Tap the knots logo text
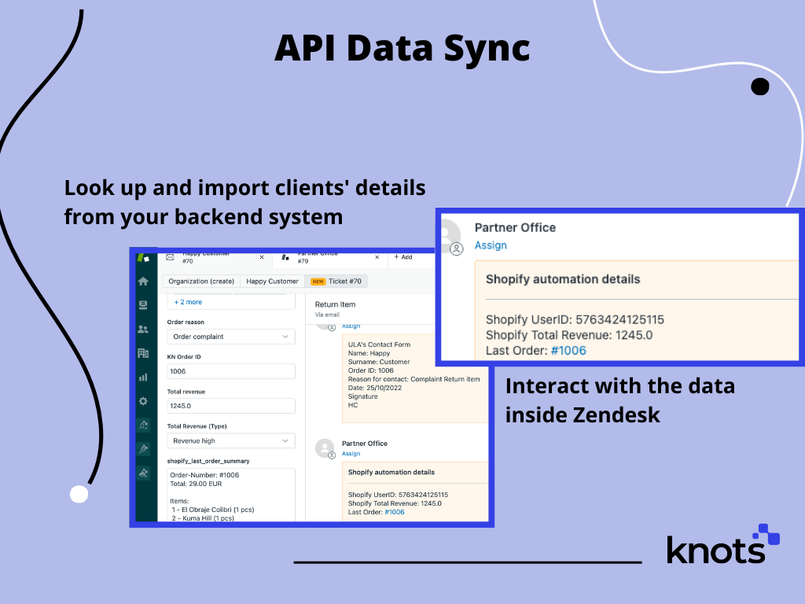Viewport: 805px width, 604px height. pos(715,548)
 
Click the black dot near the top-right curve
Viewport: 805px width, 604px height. pos(759,87)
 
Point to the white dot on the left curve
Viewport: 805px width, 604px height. pos(79,494)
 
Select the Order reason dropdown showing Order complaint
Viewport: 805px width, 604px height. pos(231,337)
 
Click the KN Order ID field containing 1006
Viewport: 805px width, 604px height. pos(231,371)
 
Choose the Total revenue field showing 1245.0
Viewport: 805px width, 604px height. pos(231,406)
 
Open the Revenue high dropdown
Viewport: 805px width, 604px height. pos(231,441)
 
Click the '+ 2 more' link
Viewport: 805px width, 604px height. pos(188,302)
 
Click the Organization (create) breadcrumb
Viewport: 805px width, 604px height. pos(201,281)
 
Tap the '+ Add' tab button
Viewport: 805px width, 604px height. pos(402,257)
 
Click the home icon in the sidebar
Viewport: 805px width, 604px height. pos(143,281)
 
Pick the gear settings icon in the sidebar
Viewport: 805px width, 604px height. pos(143,401)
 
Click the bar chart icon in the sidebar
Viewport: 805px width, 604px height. pos(143,377)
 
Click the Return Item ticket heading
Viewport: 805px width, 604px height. pos(335,304)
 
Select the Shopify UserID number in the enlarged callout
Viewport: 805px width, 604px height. pos(619,319)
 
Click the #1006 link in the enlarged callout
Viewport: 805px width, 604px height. pos(568,351)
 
